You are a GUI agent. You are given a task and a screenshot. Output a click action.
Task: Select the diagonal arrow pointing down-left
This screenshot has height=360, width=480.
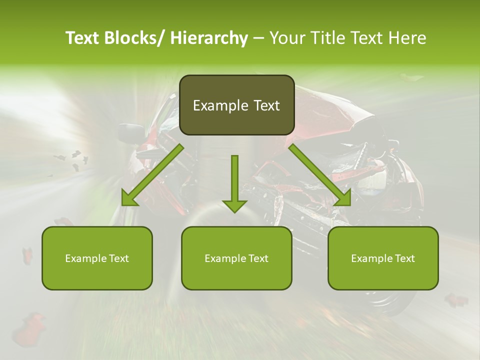[x=152, y=175]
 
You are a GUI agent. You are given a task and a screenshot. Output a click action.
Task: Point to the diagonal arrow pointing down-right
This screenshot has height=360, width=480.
[x=319, y=175]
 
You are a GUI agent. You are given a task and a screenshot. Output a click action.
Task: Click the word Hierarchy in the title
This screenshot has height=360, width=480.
[x=209, y=38]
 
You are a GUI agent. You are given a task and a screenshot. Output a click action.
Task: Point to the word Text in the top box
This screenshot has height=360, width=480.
[x=266, y=105]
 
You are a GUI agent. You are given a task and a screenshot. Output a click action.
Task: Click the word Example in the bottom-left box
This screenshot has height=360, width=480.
[x=86, y=258]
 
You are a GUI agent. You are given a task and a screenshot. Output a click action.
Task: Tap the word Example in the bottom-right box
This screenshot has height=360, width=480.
[x=372, y=258]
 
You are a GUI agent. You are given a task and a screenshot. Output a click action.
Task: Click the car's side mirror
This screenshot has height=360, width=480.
[x=131, y=133]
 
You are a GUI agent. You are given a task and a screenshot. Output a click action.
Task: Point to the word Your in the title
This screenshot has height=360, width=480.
[x=286, y=38]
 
